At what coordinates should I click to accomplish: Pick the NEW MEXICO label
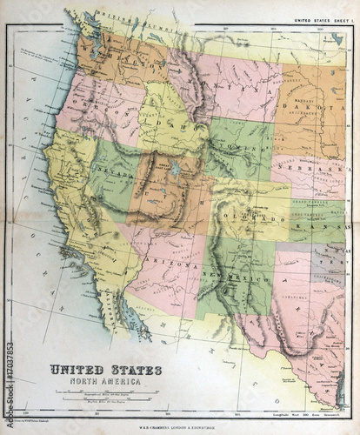[x=228, y=273]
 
